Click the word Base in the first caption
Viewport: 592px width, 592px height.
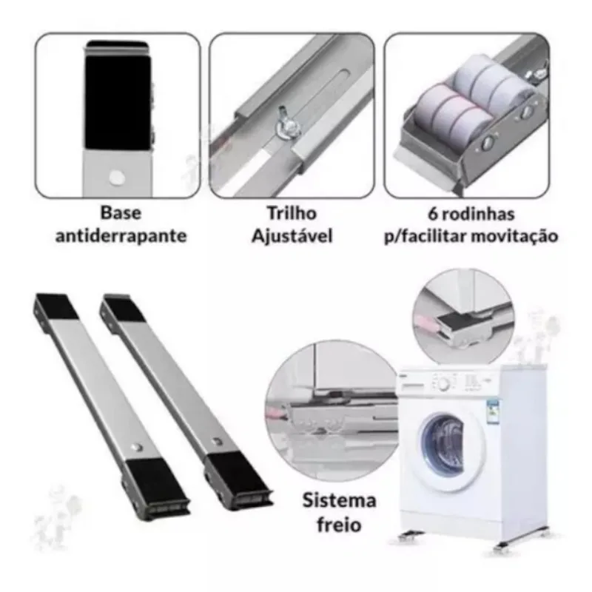[x=121, y=213]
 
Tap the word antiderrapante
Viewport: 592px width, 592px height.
[x=121, y=236]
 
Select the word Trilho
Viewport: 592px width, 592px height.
[x=292, y=213]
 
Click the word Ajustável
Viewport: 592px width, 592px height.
[x=292, y=236]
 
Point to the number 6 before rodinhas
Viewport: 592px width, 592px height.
[x=433, y=214]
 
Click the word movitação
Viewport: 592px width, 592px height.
[x=514, y=237]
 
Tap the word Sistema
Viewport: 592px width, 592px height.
[x=339, y=501]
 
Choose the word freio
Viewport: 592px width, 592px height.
[x=339, y=525]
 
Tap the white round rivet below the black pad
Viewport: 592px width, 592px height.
[x=116, y=177]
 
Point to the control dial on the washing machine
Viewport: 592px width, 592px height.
[x=443, y=385]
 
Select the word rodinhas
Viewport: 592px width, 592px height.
[x=478, y=214]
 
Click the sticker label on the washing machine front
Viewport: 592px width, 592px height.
[x=493, y=414]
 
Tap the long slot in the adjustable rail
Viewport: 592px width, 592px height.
[x=322, y=101]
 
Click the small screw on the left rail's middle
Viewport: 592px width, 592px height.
[x=137, y=448]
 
